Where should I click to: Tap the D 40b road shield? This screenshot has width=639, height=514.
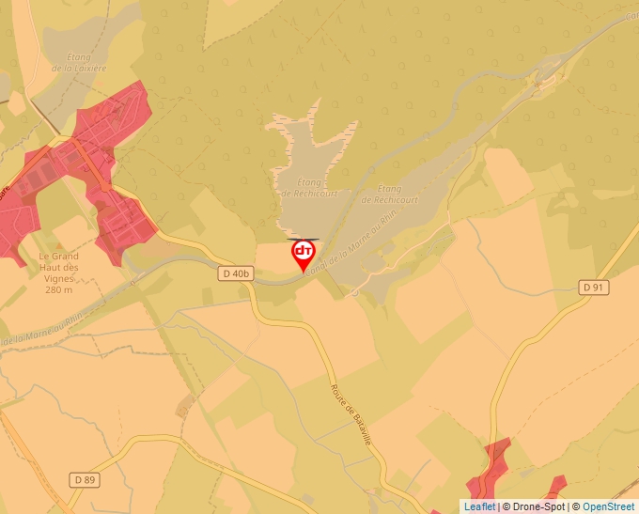click(x=236, y=273)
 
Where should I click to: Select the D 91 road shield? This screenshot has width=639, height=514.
click(x=592, y=287)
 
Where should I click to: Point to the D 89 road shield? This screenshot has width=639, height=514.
click(x=85, y=479)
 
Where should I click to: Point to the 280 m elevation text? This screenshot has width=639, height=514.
click(x=58, y=289)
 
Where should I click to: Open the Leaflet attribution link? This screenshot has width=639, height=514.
click(x=479, y=506)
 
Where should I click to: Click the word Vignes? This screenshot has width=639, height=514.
click(x=59, y=278)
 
